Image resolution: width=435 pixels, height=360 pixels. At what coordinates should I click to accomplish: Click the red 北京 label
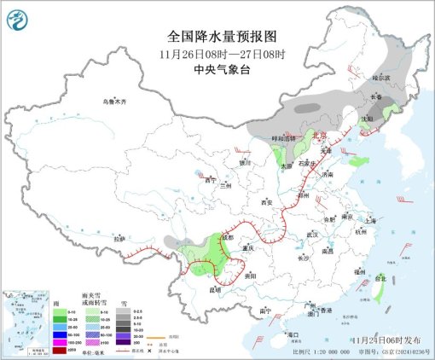(318, 135)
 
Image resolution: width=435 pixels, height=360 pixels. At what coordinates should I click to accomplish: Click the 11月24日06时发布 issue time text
(375, 340)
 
